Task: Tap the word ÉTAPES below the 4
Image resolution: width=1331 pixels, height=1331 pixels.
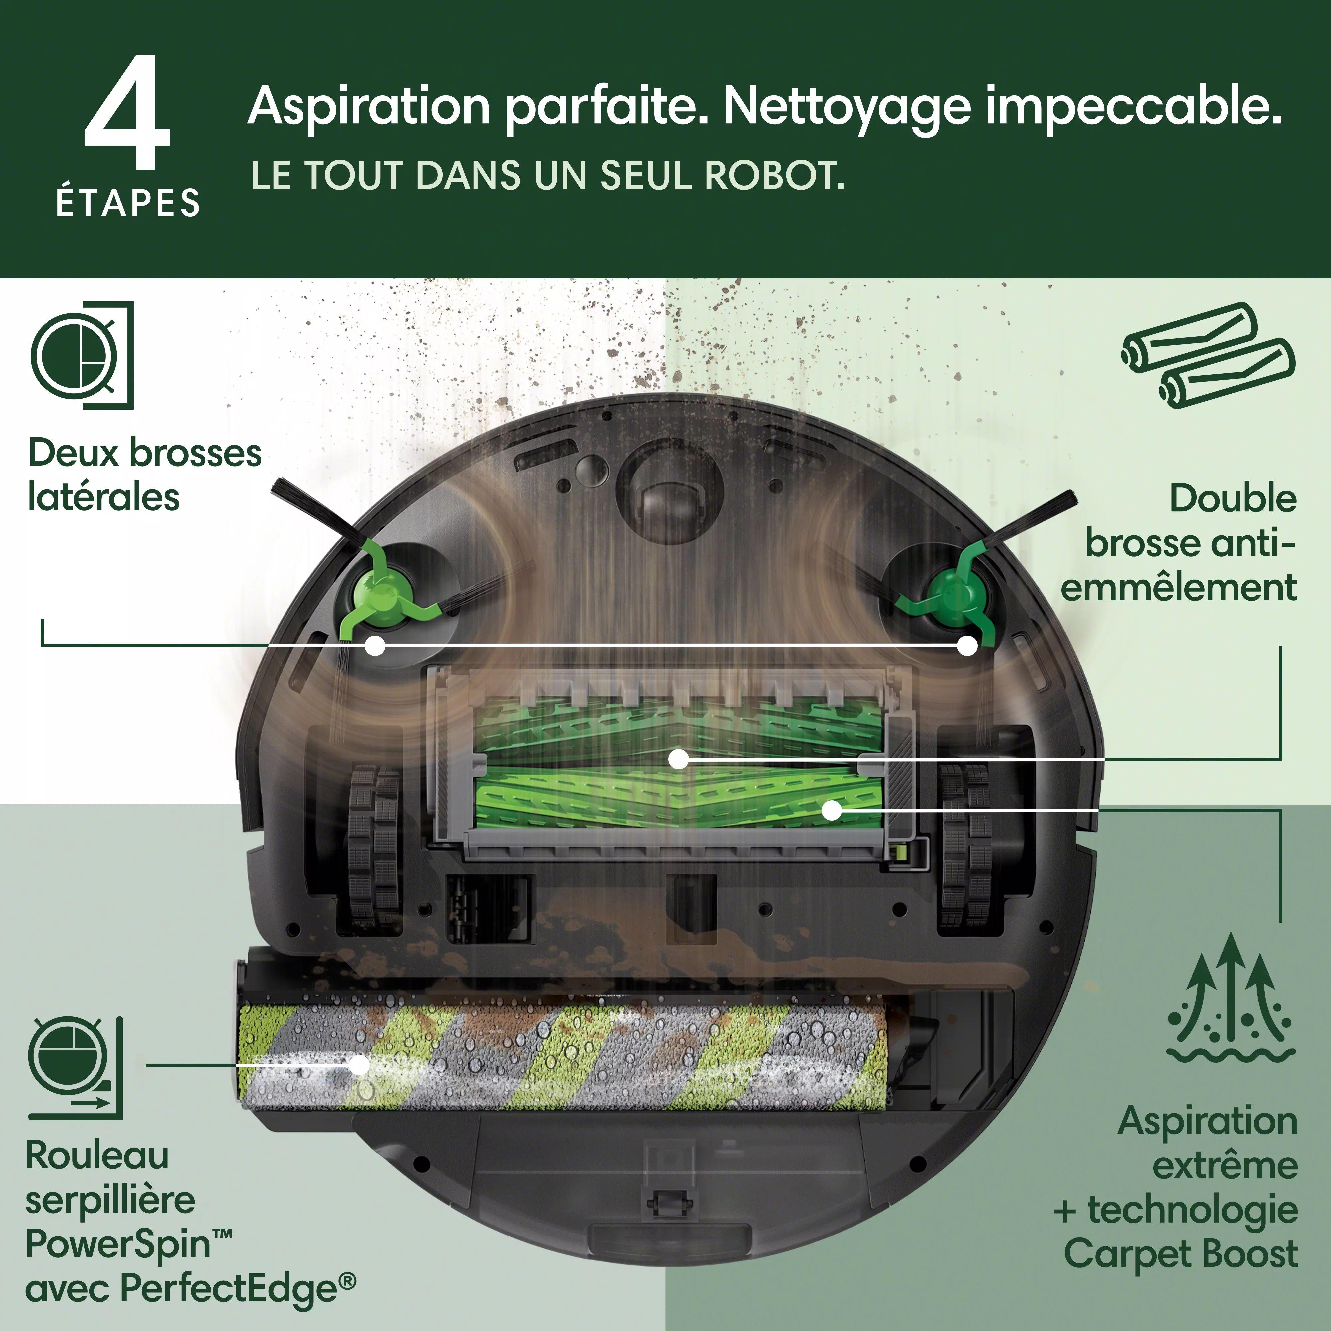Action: pos(128,203)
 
